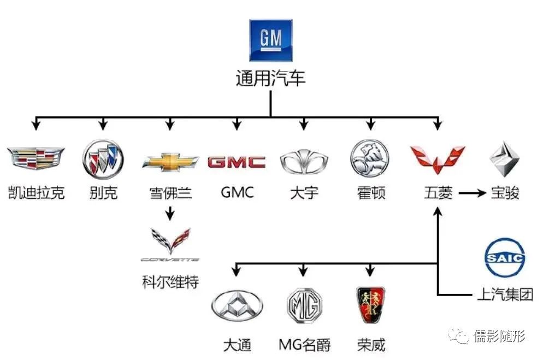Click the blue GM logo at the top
[270, 40]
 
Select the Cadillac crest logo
[36, 158]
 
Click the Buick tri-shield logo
[103, 159]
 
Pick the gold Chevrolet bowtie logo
[170, 162]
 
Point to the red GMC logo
[237, 162]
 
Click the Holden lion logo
[370, 158]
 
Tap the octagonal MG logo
[304, 306]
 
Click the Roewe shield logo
[370, 304]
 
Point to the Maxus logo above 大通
[237, 306]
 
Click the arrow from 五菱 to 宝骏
[472, 193]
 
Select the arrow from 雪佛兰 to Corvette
[170, 213]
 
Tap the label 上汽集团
[504, 296]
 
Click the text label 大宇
[304, 193]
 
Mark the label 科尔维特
[170, 282]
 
